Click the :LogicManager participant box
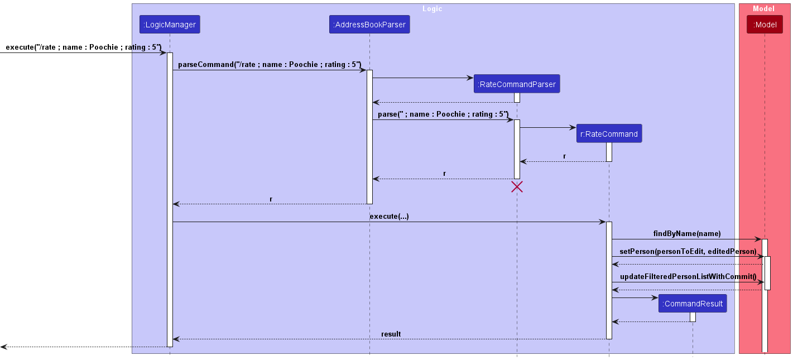coord(170,25)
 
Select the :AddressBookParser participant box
coord(369,25)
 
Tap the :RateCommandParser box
coord(517,84)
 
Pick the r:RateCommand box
coord(609,133)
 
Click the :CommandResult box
coord(693,304)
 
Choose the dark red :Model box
coord(765,25)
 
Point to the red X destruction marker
coord(517,187)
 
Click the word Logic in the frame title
coord(432,8)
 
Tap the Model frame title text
coord(763,8)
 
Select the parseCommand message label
coord(270,64)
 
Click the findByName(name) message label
coord(687,234)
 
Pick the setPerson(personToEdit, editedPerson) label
coord(688,251)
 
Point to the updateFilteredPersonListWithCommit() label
coord(688,277)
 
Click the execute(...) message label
coord(389,217)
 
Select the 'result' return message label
coord(391,334)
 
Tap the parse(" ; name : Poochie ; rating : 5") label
coord(443,114)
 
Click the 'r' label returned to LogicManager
coord(271,199)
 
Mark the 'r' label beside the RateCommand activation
coord(564,156)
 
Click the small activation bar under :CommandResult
coord(693,317)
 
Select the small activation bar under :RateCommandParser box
coord(517,98)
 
